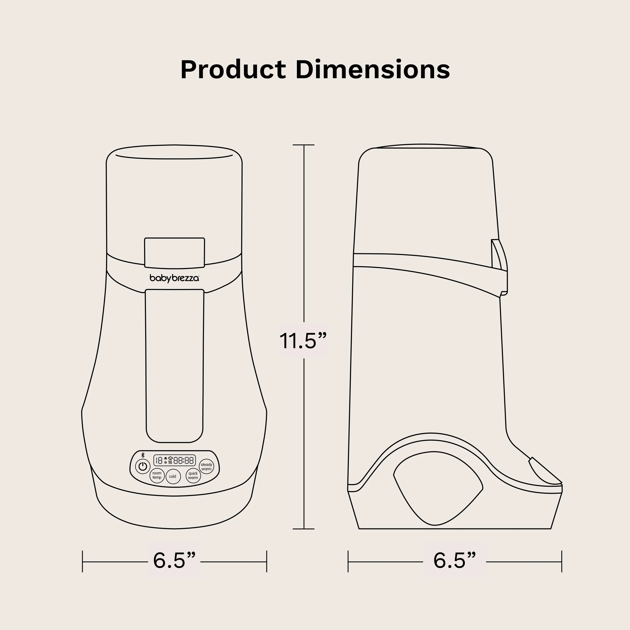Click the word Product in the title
[233, 70]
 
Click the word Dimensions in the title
[373, 70]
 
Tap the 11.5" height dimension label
[303, 341]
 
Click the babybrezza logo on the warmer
[174, 278]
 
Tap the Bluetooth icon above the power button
[143, 455]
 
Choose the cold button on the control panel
[173, 476]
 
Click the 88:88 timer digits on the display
[183, 460]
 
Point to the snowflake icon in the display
[166, 463]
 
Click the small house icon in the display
[166, 458]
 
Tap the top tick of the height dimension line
[304, 145]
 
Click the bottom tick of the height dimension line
[304, 529]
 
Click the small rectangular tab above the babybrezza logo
[175, 252]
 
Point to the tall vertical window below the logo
[175, 365]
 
